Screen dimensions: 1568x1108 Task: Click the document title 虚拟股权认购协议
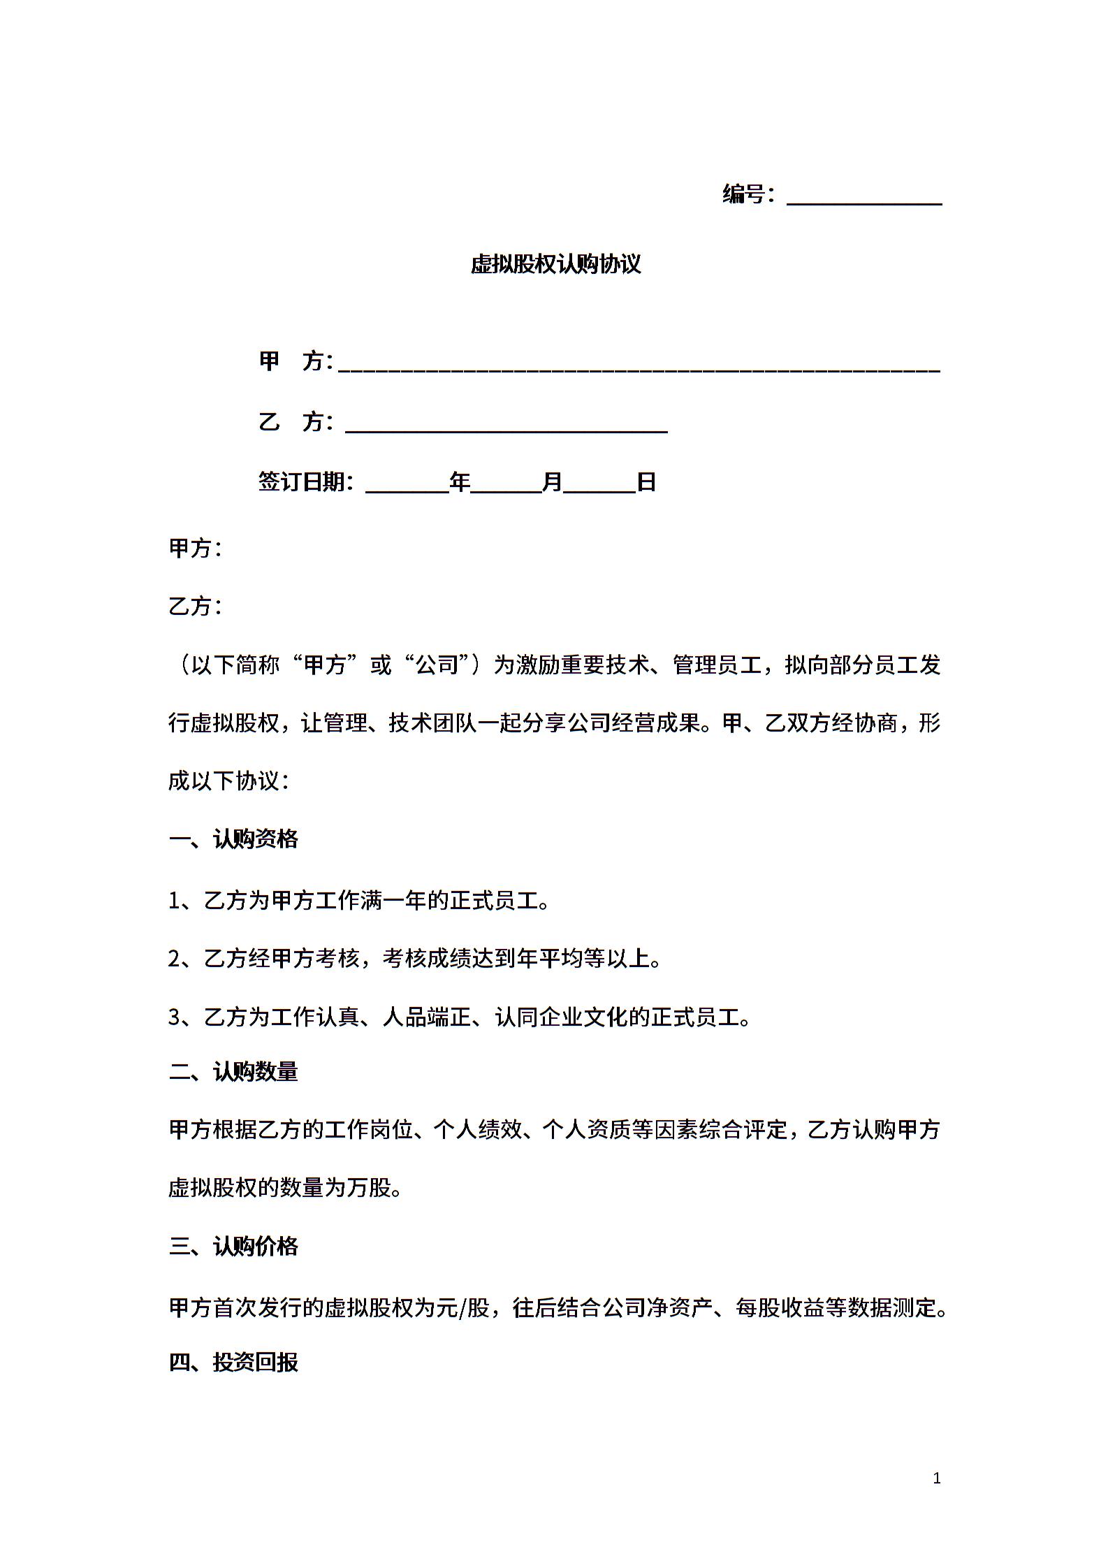555,264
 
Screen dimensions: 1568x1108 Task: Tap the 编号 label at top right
743,194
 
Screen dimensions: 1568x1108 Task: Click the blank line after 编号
864,199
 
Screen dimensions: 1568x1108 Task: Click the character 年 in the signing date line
460,482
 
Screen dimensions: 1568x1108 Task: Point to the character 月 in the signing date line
553,482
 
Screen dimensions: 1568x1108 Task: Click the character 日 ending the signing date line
646,482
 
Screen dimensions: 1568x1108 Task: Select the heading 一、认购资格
233,839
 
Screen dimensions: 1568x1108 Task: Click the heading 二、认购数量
233,1072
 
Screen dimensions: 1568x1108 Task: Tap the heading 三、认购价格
233,1247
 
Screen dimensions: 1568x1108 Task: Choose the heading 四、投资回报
233,1363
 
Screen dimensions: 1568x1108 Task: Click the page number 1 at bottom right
937,1478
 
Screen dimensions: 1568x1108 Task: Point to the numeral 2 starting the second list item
175,959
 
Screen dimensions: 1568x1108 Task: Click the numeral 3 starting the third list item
175,1017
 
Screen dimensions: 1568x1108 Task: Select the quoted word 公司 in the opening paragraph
437,665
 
